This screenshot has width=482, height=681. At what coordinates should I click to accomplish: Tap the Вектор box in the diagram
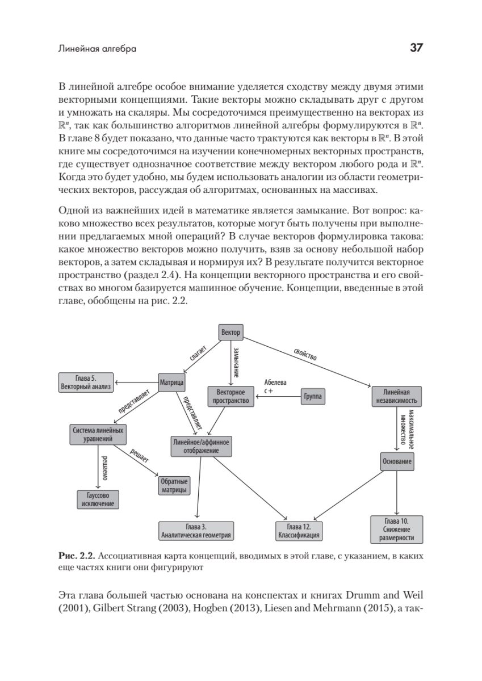231,332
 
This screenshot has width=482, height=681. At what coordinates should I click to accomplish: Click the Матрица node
171,382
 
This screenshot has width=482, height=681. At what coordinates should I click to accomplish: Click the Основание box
396,461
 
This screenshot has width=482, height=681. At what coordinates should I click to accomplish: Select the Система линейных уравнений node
97,434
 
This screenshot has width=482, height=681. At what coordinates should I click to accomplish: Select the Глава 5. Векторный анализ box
86,382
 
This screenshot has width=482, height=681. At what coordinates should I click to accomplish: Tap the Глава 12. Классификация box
299,531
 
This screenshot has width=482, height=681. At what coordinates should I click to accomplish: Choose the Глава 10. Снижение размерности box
396,529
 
